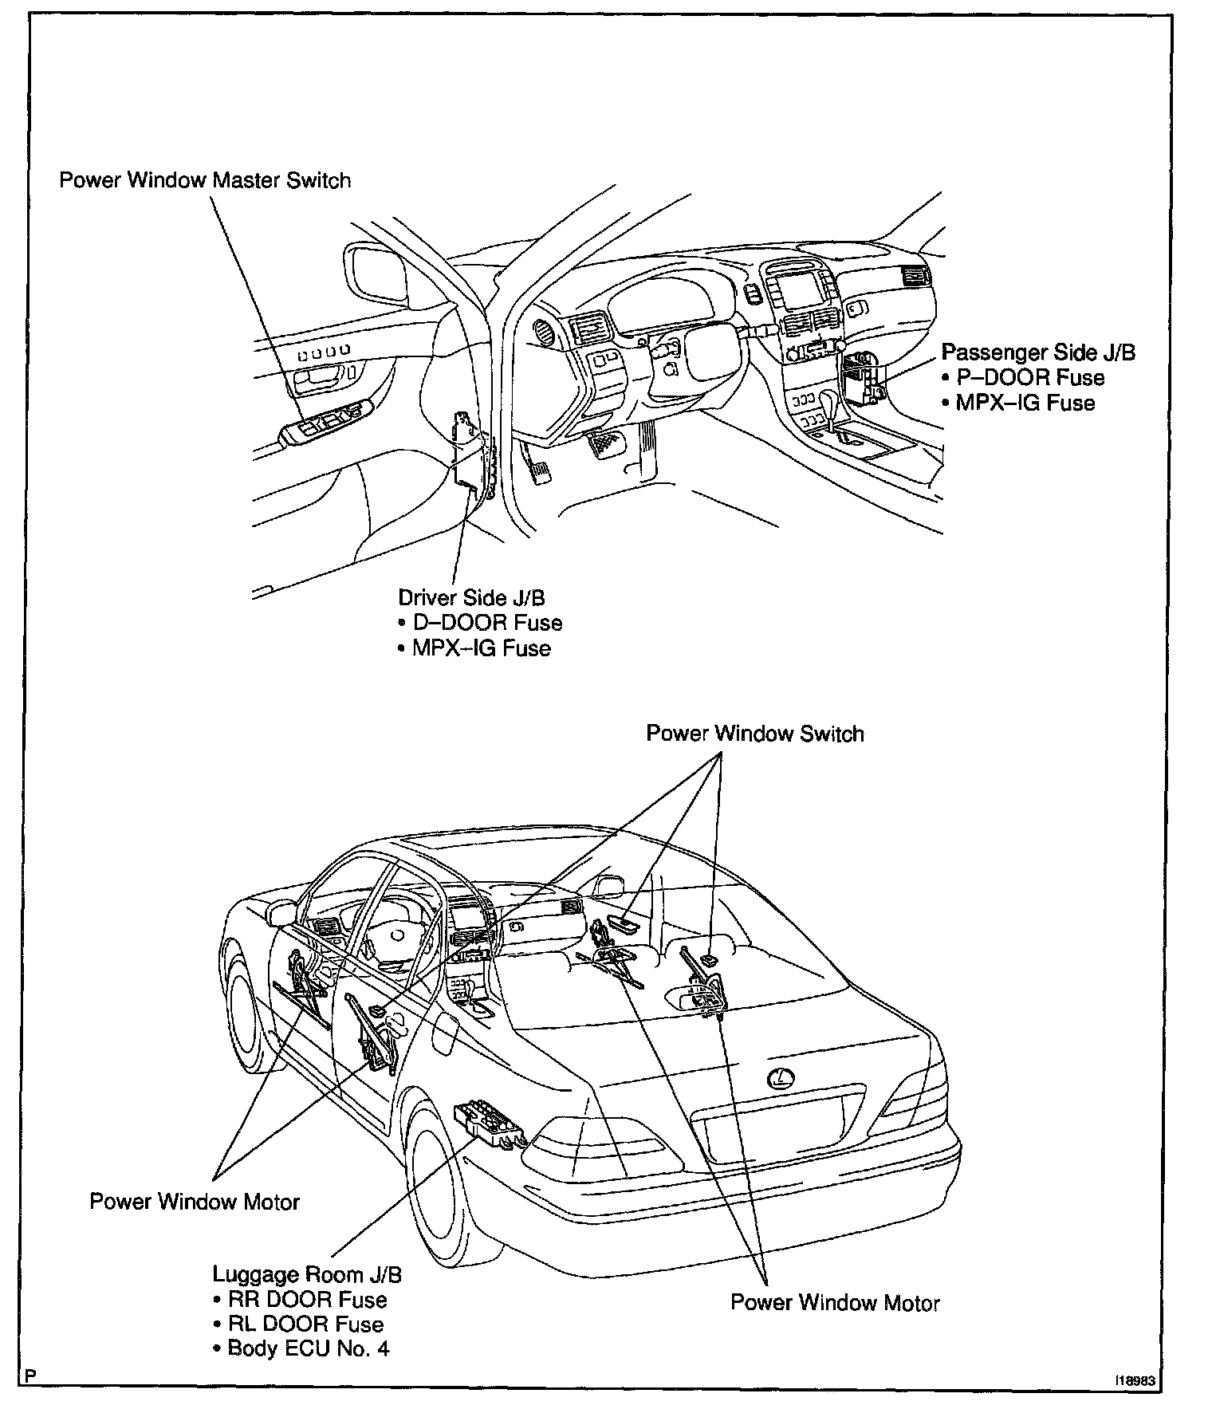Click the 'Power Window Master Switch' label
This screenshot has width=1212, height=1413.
205,180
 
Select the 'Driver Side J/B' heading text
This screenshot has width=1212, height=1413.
471,597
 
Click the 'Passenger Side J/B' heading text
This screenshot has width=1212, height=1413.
1038,352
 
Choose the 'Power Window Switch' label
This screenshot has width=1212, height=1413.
754,733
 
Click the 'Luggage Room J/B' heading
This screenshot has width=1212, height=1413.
307,1274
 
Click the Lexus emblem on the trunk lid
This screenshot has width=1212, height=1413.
781,1079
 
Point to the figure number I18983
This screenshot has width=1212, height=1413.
1135,1380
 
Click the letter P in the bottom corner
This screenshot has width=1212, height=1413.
30,1376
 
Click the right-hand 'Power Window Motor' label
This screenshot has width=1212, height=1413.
835,1303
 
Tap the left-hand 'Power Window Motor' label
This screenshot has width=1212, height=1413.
194,1202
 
